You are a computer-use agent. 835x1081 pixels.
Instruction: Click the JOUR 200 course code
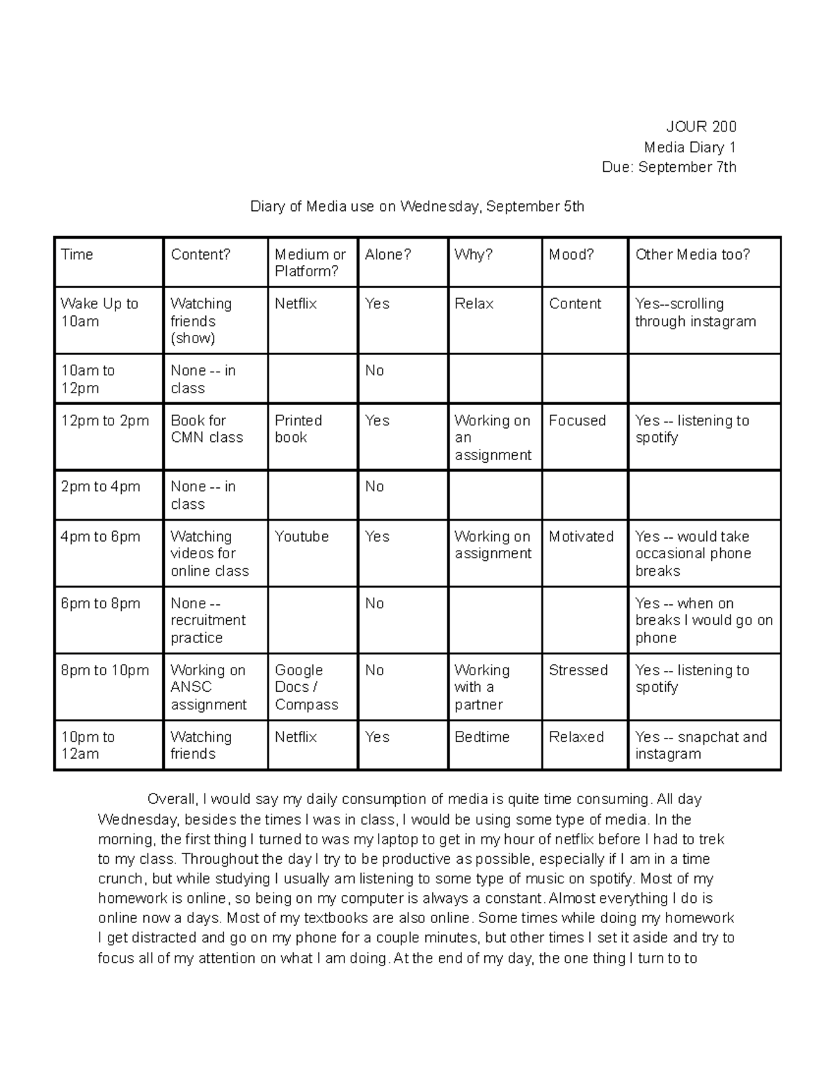pyautogui.click(x=701, y=127)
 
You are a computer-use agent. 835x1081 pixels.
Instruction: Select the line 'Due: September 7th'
pyautogui.click(x=669, y=167)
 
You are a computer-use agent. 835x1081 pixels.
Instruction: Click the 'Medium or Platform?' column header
pyautogui.click(x=310, y=263)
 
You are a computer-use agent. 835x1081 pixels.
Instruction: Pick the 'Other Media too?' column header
pyautogui.click(x=692, y=255)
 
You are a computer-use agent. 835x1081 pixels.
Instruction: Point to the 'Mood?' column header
pyautogui.click(x=571, y=255)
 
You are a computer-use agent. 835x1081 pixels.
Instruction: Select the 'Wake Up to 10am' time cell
pyautogui.click(x=100, y=313)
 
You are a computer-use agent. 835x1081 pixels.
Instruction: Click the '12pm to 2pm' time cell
pyautogui.click(x=104, y=420)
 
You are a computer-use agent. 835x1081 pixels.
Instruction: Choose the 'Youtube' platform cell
pyautogui.click(x=301, y=537)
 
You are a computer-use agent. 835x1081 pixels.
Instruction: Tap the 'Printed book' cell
pyautogui.click(x=299, y=429)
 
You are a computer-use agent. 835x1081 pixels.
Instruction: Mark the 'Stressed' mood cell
pyautogui.click(x=578, y=670)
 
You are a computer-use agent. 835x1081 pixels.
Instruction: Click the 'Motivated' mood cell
pyautogui.click(x=581, y=537)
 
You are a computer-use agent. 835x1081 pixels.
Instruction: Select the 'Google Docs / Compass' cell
pyautogui.click(x=306, y=687)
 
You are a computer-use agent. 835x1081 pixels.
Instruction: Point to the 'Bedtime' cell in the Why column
pyautogui.click(x=482, y=737)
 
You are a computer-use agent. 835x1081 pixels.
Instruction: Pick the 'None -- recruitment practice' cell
pyautogui.click(x=207, y=620)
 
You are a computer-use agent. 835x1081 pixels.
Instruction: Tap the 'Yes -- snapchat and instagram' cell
pyautogui.click(x=701, y=745)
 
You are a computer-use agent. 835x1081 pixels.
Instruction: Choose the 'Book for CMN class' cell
pyautogui.click(x=207, y=429)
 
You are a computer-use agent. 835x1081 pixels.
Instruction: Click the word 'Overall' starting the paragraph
pyautogui.click(x=174, y=800)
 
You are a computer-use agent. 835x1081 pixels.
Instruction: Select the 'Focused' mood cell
pyautogui.click(x=577, y=420)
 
